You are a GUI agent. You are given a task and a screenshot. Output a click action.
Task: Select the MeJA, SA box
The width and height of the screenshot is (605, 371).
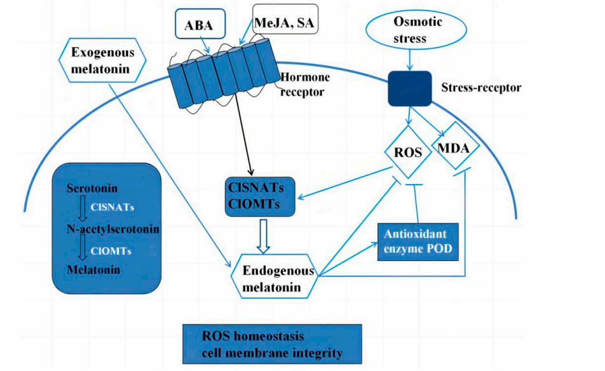pos(284,24)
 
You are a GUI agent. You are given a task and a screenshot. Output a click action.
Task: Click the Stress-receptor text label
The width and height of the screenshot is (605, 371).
pos(481,87)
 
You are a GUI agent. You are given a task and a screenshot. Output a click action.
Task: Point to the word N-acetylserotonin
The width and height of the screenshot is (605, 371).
pos(112,228)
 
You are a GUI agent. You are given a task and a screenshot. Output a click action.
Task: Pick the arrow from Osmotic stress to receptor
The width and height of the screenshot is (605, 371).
pos(409,60)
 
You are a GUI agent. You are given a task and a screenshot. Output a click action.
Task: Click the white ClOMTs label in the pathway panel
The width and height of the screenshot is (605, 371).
pos(111,250)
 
